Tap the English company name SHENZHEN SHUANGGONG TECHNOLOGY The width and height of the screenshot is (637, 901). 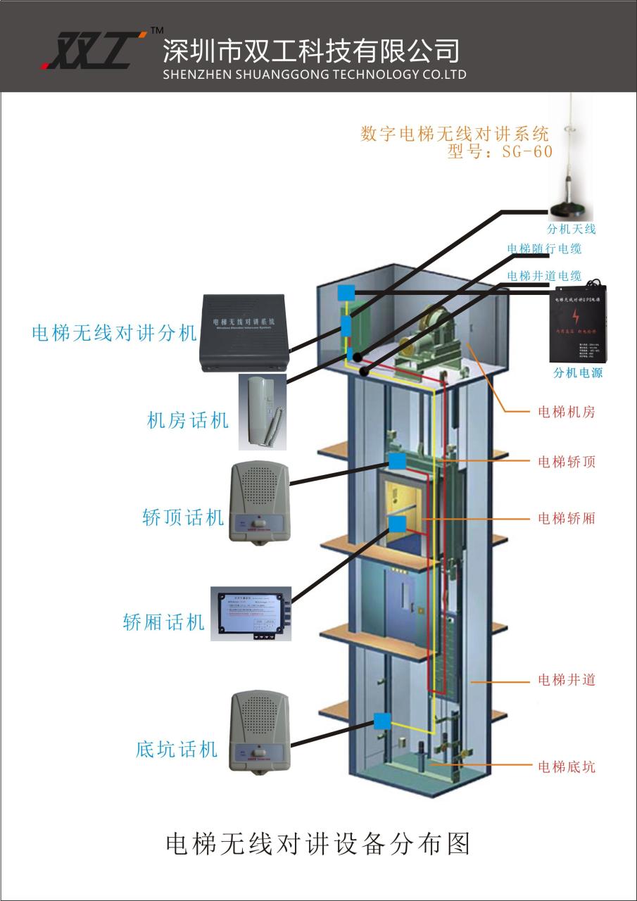(x=314, y=75)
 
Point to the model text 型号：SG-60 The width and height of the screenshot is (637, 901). (x=500, y=151)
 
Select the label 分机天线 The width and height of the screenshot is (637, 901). (x=572, y=229)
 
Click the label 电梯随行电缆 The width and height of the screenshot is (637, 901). (x=544, y=248)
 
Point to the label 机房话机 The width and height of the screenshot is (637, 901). (x=188, y=421)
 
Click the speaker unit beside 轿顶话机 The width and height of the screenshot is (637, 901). (x=259, y=501)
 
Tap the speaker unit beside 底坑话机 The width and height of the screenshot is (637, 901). (x=260, y=732)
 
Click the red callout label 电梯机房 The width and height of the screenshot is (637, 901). (x=566, y=412)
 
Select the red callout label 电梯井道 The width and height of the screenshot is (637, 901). (x=566, y=680)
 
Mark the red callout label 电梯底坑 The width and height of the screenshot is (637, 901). (x=566, y=767)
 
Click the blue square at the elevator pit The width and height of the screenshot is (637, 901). (x=382, y=721)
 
